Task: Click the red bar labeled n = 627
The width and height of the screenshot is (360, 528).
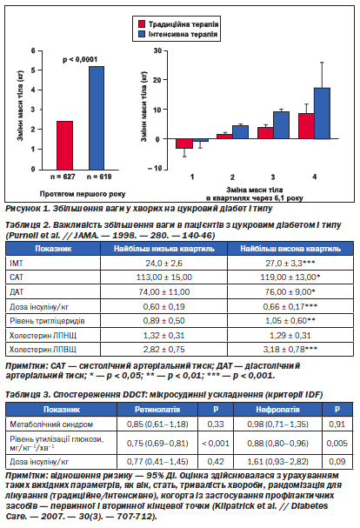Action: (x=64, y=145)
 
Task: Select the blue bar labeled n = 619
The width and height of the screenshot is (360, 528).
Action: (x=97, y=117)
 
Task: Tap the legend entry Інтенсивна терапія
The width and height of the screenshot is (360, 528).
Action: (x=178, y=34)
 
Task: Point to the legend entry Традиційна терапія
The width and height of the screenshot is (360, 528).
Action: (x=178, y=24)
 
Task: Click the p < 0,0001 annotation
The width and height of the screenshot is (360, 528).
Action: (x=80, y=60)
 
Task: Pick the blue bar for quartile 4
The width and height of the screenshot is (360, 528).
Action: (x=322, y=113)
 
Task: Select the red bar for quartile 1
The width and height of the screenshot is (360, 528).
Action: (x=184, y=144)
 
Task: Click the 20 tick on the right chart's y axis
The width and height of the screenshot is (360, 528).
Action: (x=157, y=80)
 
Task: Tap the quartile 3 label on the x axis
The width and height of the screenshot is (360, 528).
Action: (x=273, y=177)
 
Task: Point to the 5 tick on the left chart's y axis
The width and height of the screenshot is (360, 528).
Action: (x=33, y=70)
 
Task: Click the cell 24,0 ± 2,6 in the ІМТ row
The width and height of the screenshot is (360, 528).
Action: (x=164, y=264)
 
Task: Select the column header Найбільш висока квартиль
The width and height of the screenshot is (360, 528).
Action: (x=290, y=249)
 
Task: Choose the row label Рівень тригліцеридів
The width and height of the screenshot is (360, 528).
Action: (x=47, y=321)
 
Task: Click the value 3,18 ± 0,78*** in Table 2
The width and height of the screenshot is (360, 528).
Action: (x=290, y=350)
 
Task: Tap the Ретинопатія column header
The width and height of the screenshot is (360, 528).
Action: (x=157, y=410)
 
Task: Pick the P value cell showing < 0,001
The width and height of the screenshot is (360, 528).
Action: (x=216, y=444)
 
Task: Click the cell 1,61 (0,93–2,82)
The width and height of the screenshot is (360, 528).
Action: (x=278, y=462)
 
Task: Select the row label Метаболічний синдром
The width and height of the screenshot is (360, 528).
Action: (x=51, y=424)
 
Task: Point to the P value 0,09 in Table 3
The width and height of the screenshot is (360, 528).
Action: (x=337, y=462)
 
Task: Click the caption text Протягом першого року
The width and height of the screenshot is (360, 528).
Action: (x=83, y=194)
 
